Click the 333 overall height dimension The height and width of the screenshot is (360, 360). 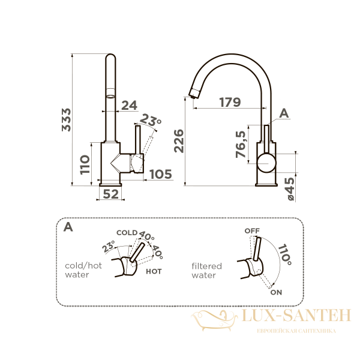point(67,120)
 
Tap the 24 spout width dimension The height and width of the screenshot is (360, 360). point(129,106)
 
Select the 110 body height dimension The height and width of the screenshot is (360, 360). point(85,165)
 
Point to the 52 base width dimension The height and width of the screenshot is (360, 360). point(110,194)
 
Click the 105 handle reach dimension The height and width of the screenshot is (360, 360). point(161,174)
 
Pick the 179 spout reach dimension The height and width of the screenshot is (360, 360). point(230,102)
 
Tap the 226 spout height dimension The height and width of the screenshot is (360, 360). point(179,141)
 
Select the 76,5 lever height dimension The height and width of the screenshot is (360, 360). point(241,144)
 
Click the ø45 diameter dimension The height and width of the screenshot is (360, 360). point(290,189)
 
